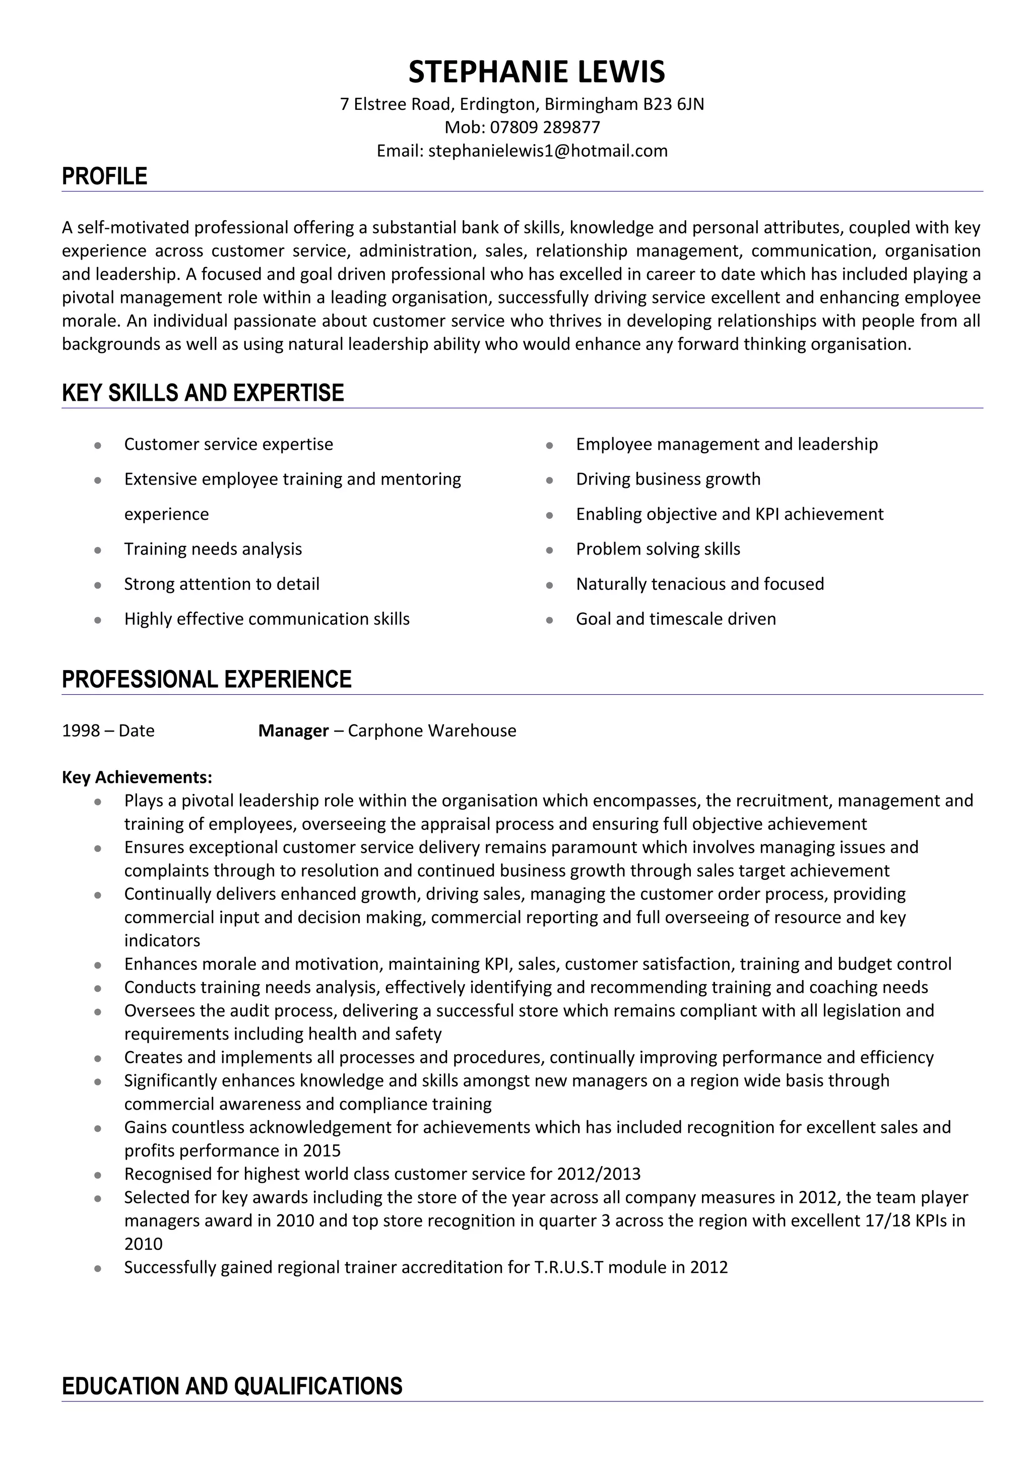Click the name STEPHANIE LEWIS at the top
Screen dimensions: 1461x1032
click(536, 71)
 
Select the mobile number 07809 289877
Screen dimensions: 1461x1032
click(545, 127)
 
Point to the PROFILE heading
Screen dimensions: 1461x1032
click(104, 176)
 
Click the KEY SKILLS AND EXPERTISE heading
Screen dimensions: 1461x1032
click(203, 393)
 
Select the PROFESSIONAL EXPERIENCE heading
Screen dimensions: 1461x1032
click(207, 679)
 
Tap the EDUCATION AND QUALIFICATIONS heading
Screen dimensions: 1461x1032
click(232, 1385)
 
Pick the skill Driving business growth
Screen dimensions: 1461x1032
click(668, 479)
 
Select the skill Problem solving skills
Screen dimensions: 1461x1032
click(658, 549)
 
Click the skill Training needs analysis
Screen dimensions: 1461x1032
click(213, 549)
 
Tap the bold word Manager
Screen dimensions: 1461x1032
click(293, 730)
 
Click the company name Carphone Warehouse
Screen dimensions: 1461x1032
click(432, 730)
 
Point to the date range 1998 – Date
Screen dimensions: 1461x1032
click(108, 730)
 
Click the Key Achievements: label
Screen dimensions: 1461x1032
click(137, 777)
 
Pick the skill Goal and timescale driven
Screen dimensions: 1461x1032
click(675, 619)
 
